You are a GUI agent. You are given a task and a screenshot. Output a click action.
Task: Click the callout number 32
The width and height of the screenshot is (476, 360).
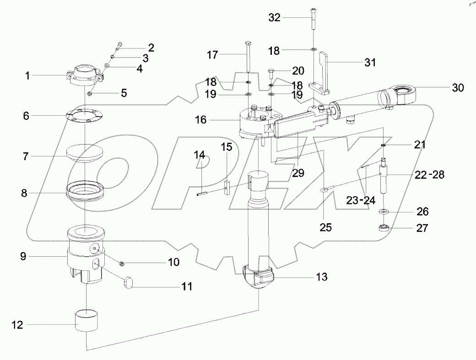[275, 18]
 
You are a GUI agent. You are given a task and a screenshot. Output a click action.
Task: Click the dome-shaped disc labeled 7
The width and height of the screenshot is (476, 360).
[85, 152]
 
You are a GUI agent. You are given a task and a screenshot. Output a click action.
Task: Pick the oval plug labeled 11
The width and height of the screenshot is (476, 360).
[130, 281]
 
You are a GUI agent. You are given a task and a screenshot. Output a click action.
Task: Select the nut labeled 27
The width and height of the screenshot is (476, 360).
[384, 227]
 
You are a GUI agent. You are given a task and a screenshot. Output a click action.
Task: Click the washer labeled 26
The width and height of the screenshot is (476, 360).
[384, 212]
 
